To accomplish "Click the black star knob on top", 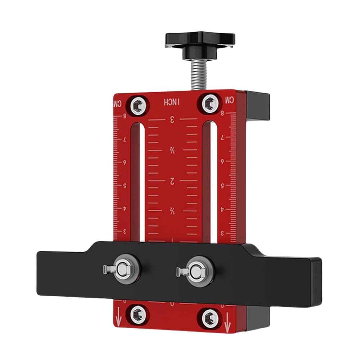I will pyautogui.click(x=200, y=40).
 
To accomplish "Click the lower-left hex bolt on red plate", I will pyautogui.click(x=138, y=315).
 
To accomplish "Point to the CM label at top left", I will pyautogui.click(x=118, y=103).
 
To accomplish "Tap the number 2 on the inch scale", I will pyautogui.click(x=172, y=181).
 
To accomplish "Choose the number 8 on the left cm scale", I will pyautogui.click(x=125, y=116).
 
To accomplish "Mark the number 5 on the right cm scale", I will pyautogui.click(x=222, y=186).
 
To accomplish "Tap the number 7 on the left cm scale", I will pyautogui.click(x=125, y=139).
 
